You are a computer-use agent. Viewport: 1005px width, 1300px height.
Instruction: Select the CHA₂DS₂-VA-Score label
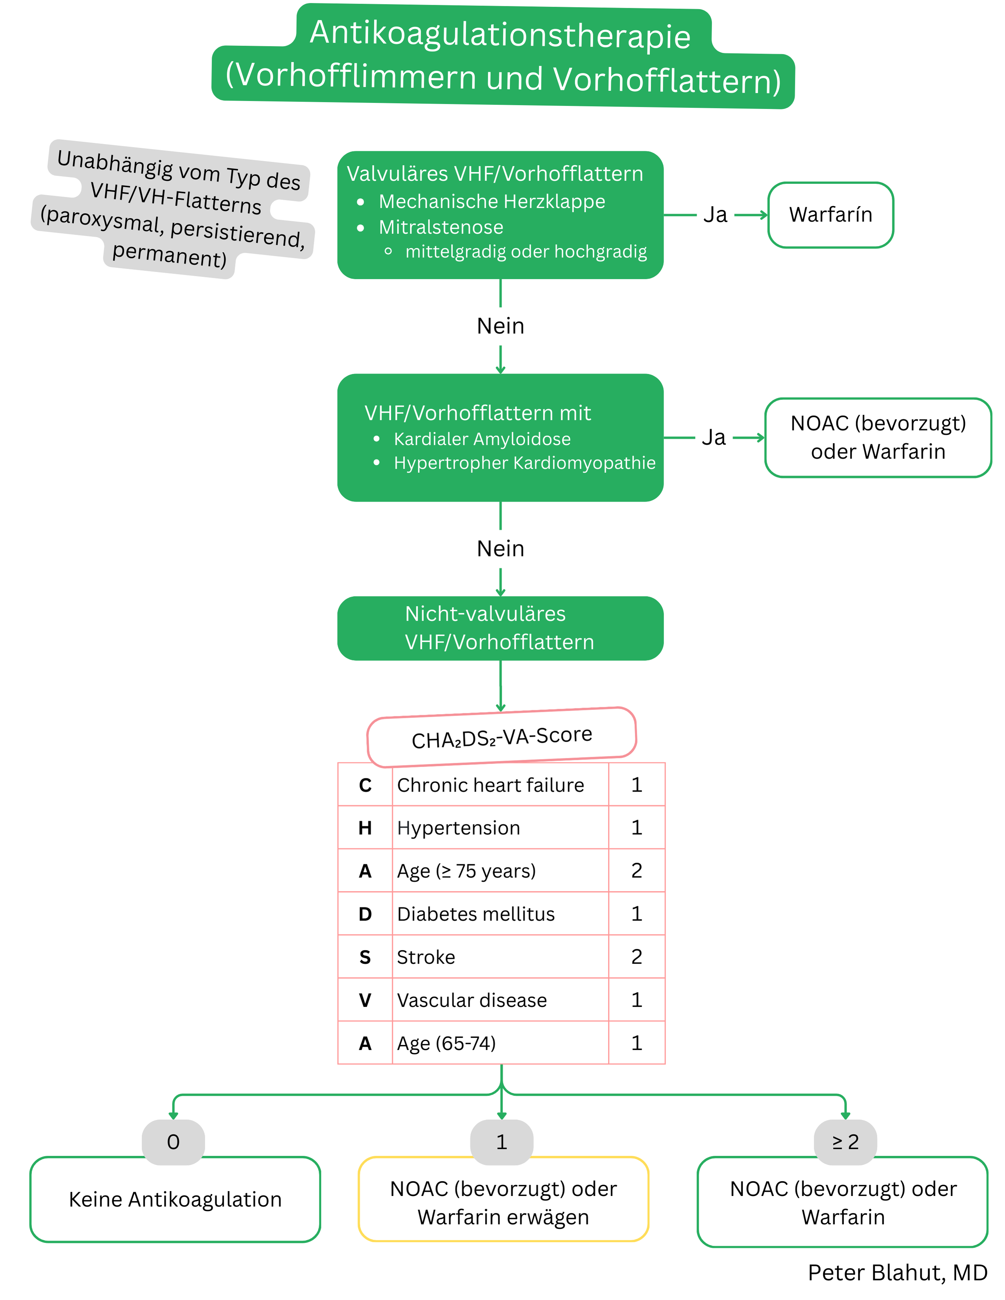[502, 737]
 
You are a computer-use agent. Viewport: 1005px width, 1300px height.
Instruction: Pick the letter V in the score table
[365, 1000]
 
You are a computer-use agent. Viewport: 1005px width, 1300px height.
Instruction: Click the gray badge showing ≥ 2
[845, 1142]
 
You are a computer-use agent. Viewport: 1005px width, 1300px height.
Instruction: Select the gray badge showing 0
[173, 1142]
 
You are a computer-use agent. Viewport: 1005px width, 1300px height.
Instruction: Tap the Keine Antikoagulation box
[175, 1199]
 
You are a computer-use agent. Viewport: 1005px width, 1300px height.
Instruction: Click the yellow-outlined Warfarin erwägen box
[503, 1202]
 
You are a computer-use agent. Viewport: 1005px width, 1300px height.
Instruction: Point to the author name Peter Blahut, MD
[897, 1273]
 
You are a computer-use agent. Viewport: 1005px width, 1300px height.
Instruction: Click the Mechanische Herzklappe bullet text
[492, 202]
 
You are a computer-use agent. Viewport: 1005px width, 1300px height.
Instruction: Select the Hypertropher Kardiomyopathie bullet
[524, 463]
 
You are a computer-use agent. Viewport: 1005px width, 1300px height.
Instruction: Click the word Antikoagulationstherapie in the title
[500, 34]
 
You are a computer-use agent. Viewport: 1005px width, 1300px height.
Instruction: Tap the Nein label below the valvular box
[500, 326]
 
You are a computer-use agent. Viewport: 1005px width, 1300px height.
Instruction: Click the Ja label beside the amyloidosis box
[713, 438]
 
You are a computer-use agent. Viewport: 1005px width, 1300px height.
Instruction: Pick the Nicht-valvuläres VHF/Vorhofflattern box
[500, 628]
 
